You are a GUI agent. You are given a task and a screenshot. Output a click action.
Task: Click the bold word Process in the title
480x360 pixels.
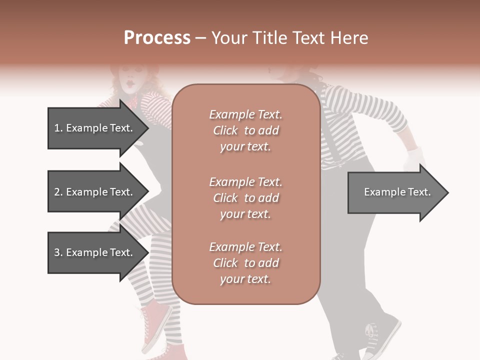(157, 37)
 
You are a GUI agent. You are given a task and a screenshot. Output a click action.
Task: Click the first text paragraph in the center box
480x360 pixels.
(245, 130)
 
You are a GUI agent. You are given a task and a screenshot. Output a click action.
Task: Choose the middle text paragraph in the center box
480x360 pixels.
(245, 198)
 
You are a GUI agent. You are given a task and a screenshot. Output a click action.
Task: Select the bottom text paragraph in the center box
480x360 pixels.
(245, 263)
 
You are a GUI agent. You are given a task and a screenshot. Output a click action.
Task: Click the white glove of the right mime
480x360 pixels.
(413, 159)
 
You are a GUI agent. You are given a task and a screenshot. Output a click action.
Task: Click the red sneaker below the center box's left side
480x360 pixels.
(155, 320)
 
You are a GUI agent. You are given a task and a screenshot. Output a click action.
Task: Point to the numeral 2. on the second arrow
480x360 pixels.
(57, 192)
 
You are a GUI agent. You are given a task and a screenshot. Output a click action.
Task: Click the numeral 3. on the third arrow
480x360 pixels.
(57, 252)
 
